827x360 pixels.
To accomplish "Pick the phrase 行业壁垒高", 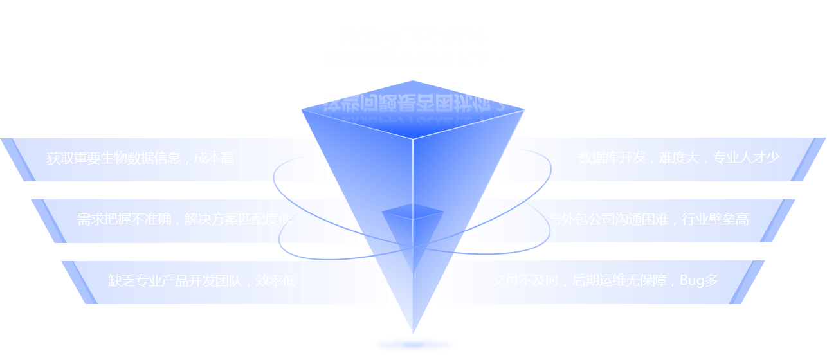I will pos(715,219).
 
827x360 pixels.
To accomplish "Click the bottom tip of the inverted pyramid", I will pos(413,330).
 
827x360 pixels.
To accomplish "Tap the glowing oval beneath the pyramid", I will pos(413,346).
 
